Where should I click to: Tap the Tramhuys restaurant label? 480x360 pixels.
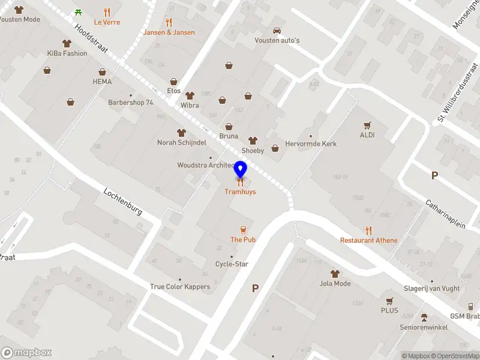pyautogui.click(x=240, y=192)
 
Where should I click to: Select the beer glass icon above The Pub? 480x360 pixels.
pyautogui.click(x=243, y=229)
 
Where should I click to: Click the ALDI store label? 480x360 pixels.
pyautogui.click(x=367, y=135)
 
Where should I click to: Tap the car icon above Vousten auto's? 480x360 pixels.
pyautogui.click(x=277, y=30)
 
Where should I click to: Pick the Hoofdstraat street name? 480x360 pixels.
pyautogui.click(x=91, y=39)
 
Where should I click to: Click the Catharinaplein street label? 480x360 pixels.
pyautogui.click(x=446, y=214)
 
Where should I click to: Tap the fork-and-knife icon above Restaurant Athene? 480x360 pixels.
pyautogui.click(x=368, y=230)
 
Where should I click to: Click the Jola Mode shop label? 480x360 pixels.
pyautogui.click(x=335, y=283)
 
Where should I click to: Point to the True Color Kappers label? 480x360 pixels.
pyautogui.click(x=180, y=287)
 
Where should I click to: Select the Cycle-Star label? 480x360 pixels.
pyautogui.click(x=232, y=264)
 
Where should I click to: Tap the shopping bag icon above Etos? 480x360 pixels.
pyautogui.click(x=174, y=81)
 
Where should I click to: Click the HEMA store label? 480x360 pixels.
pyautogui.click(x=102, y=82)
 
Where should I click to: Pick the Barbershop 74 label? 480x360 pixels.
pyautogui.click(x=131, y=103)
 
